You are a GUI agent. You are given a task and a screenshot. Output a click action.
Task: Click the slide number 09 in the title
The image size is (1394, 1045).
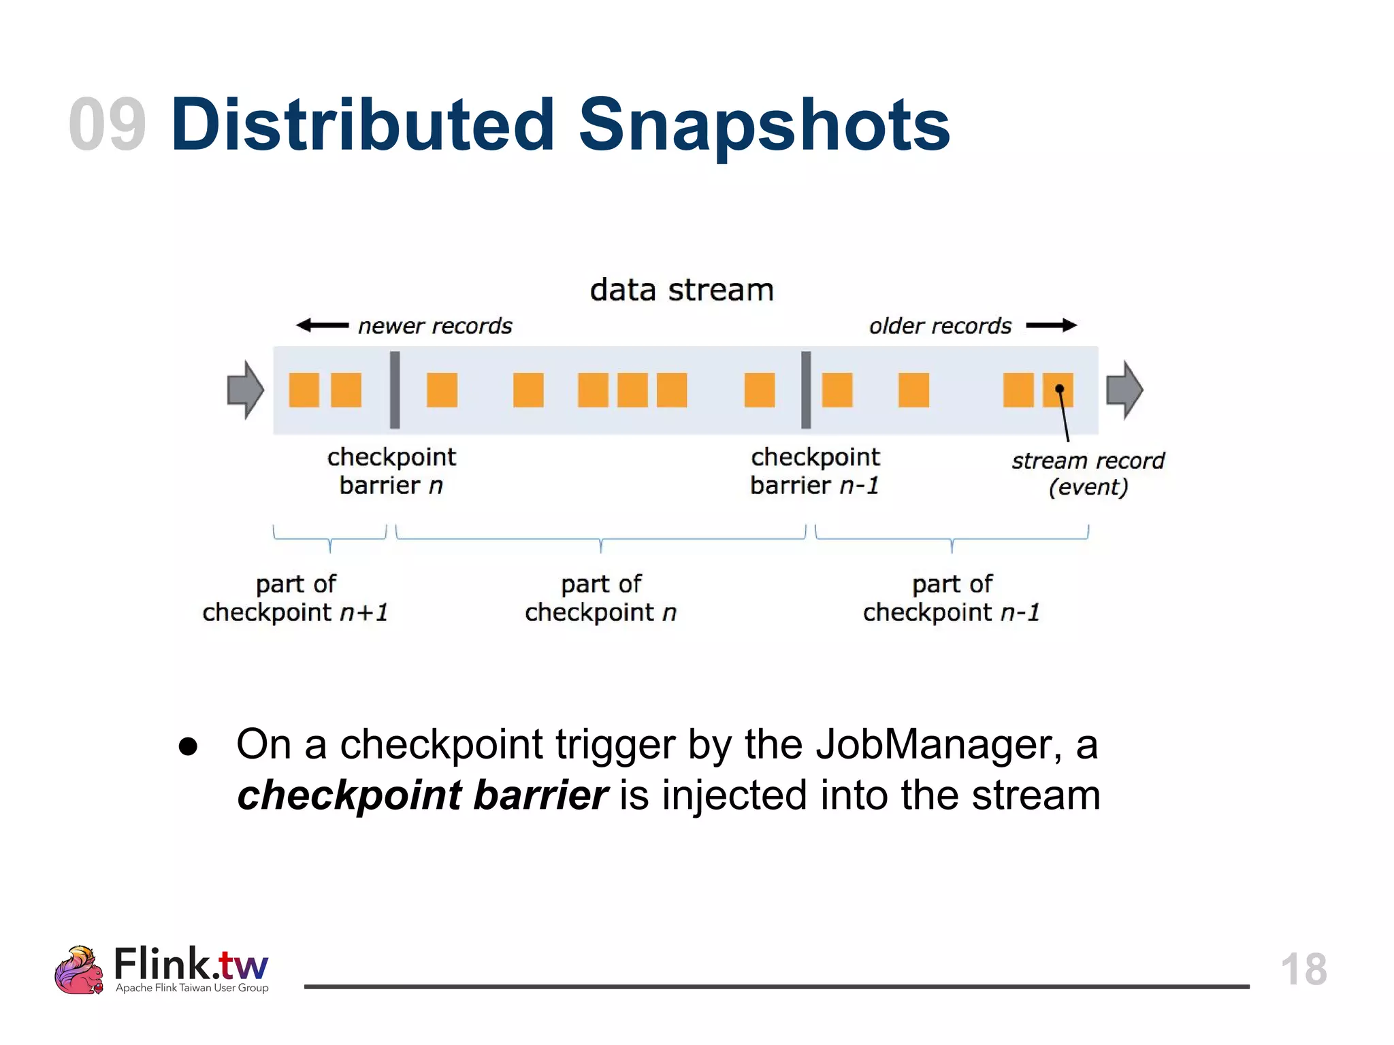coord(108,125)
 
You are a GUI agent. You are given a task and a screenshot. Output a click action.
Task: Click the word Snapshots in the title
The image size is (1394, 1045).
coord(764,125)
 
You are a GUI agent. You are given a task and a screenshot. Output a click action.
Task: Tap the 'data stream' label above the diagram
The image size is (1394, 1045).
coord(681,290)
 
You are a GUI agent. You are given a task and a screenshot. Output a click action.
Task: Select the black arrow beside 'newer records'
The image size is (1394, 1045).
coord(323,325)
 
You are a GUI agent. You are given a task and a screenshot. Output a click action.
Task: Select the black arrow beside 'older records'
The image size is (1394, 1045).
coord(1051,325)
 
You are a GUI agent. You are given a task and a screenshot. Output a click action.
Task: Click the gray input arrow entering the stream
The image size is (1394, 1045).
coord(245,390)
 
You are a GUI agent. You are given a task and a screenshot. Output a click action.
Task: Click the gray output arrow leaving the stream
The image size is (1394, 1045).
coord(1124,390)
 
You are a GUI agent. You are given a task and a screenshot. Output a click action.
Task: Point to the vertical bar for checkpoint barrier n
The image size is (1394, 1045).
coord(395,390)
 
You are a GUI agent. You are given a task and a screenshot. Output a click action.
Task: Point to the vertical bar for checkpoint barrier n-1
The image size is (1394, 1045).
coord(806,390)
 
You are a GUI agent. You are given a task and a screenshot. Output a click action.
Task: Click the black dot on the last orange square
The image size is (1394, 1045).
coord(1059,388)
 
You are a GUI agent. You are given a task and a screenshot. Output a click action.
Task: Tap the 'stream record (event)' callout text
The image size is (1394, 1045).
coord(1088,474)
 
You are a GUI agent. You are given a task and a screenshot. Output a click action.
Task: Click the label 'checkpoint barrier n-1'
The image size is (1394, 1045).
coord(815,471)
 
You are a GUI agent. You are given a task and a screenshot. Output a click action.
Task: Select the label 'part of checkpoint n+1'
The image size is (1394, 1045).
coord(295,598)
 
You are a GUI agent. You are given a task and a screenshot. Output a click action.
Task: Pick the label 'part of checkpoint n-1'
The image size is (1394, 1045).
coord(952,598)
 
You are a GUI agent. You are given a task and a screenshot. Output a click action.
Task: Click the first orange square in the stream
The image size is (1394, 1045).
coord(304,390)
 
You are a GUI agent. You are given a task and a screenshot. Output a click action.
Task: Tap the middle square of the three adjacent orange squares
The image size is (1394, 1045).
coord(632,390)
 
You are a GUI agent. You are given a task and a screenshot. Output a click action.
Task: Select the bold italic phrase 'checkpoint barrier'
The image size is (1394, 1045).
coord(422,795)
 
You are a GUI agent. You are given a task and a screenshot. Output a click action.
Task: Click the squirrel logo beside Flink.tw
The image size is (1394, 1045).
coord(79,970)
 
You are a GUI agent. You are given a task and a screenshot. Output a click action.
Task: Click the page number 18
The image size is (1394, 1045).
coord(1303,969)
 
